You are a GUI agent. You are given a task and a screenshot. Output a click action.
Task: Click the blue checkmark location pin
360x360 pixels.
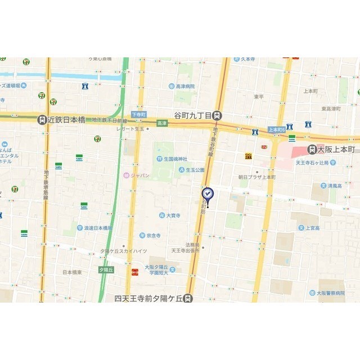coord(208,195)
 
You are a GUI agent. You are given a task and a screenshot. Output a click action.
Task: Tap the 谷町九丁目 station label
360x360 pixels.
coord(194,115)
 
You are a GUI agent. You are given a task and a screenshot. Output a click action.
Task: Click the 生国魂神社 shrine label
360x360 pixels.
coord(163,159)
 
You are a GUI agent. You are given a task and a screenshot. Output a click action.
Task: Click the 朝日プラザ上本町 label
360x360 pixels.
coord(256,177)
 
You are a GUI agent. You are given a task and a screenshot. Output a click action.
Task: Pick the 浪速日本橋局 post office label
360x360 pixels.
coord(93,228)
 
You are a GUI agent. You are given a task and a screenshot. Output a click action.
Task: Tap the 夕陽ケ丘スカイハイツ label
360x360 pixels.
coord(124,251)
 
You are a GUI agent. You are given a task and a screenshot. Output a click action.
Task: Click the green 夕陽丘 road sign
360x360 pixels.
coord(107,269)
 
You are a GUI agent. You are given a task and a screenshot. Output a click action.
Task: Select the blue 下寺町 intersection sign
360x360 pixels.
coord(138,114)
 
